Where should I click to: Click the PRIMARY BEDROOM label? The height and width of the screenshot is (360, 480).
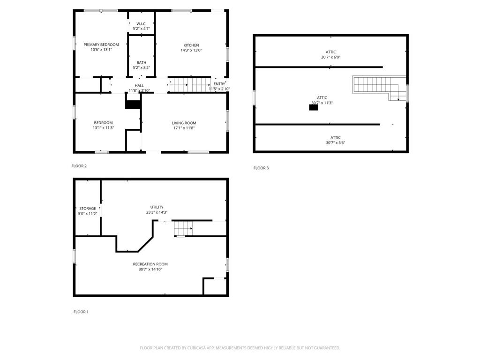pos(101,45)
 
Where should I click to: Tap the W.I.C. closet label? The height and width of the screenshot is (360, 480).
pos(141,24)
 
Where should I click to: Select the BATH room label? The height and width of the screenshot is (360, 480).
pos(141,62)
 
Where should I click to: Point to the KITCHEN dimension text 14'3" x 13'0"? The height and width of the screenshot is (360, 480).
pos(191,51)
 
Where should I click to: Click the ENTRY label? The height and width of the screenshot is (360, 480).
pos(219,84)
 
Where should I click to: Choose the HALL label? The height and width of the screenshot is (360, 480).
pos(139,85)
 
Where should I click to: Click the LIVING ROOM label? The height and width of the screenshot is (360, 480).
pos(184,123)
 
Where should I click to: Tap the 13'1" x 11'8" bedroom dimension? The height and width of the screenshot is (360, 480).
pos(103,128)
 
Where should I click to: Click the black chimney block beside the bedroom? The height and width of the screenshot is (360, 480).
pos(133,105)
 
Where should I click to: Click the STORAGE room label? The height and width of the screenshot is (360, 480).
pos(87,209)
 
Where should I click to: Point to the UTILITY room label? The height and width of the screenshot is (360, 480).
pos(157,207)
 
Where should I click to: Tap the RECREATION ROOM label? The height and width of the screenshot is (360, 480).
pos(150,264)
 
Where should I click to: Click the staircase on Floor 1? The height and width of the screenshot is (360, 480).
pos(183,229)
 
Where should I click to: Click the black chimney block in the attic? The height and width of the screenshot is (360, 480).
pos(314,107)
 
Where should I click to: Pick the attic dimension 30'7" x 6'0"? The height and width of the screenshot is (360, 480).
pos(330,57)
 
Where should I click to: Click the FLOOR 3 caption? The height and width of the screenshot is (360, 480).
pos(261,168)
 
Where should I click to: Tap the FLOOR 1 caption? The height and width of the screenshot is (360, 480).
pos(81,312)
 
